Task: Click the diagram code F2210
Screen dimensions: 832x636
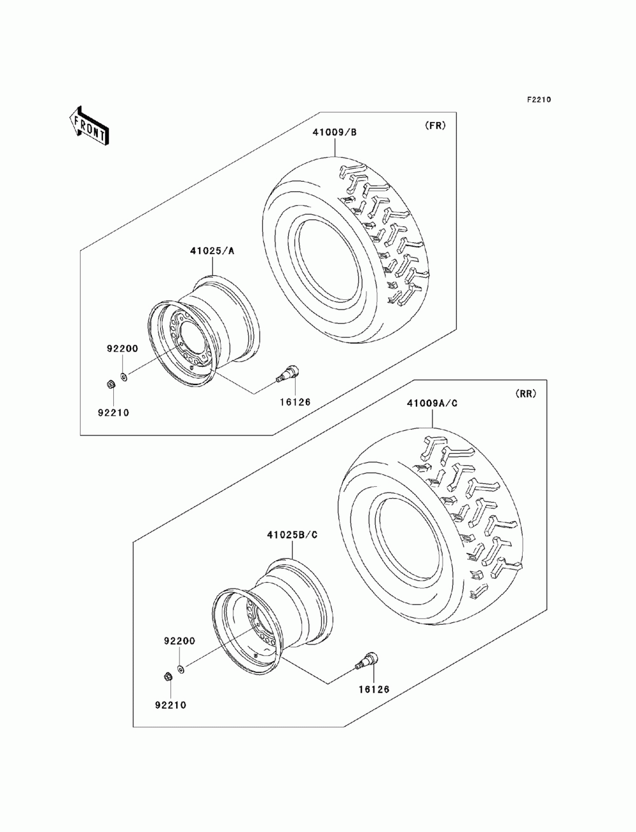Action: [x=538, y=100]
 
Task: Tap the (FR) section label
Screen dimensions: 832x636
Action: [x=435, y=125]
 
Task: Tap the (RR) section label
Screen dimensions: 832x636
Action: [x=525, y=393]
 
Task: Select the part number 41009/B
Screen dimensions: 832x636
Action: [x=335, y=132]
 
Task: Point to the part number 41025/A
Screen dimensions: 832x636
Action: [x=212, y=251]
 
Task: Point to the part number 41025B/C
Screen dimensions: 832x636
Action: [x=292, y=535]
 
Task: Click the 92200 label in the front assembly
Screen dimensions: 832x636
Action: [x=118, y=349]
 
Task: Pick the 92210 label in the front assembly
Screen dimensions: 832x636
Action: [x=113, y=412]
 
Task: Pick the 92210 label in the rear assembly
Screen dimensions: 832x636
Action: [x=170, y=704]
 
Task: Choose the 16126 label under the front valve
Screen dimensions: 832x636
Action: [x=294, y=402]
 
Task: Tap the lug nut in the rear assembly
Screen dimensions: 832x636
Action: [x=167, y=676]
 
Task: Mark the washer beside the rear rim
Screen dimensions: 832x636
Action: [x=181, y=669]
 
